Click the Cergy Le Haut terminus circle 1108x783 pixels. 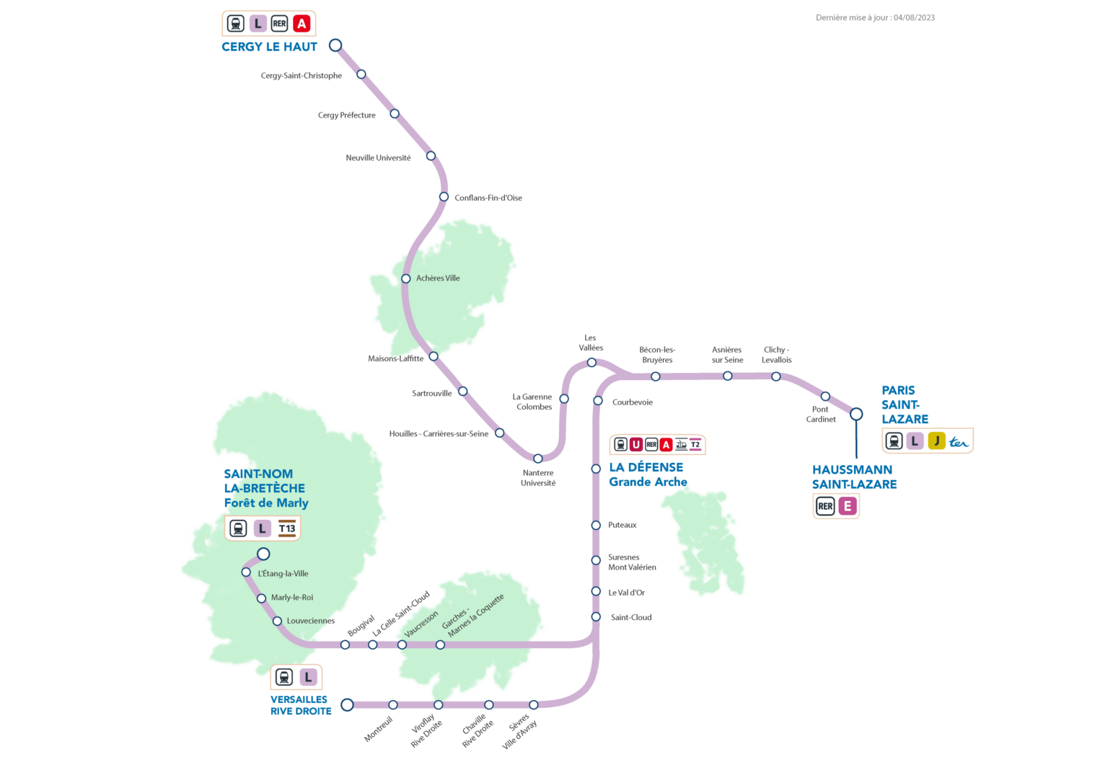pyautogui.click(x=335, y=45)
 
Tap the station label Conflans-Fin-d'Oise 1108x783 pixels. pyautogui.click(x=488, y=198)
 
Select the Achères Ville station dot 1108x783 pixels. pyautogui.click(x=406, y=278)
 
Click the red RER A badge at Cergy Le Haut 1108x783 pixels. pyautogui.click(x=302, y=24)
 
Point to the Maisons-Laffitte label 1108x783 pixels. pyautogui.click(x=395, y=358)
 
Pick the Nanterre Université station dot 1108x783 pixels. pyautogui.click(x=537, y=459)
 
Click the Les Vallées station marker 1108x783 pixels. pyautogui.click(x=592, y=363)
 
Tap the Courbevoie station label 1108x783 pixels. pyautogui.click(x=632, y=402)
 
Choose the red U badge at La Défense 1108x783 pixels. pyautogui.click(x=636, y=445)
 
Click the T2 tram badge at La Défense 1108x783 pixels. pyautogui.click(x=695, y=445)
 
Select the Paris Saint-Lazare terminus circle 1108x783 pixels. pyautogui.click(x=856, y=414)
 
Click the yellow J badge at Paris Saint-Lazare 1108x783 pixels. pyautogui.click(x=936, y=441)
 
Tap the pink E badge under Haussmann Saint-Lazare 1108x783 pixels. pyautogui.click(x=848, y=506)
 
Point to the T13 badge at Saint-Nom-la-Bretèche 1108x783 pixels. pyautogui.click(x=287, y=528)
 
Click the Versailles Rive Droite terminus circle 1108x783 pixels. pyautogui.click(x=347, y=704)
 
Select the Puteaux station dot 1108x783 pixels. pyautogui.click(x=596, y=525)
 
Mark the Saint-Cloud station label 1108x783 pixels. pyautogui.click(x=631, y=617)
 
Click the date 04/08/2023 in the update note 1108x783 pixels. pyautogui.click(x=914, y=18)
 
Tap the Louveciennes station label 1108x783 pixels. pyautogui.click(x=310, y=621)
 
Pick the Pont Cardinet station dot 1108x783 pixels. pyautogui.click(x=825, y=397)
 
